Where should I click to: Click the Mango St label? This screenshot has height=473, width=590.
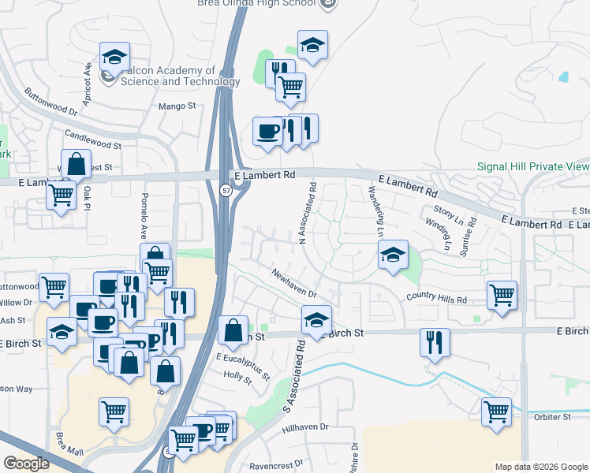[177, 106]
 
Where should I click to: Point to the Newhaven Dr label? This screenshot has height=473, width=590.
[293, 284]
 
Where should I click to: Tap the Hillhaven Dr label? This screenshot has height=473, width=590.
[304, 426]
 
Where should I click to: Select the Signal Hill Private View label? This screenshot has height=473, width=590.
[533, 166]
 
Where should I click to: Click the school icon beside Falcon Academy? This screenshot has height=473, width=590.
[115, 57]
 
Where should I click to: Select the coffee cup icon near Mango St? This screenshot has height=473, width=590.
[267, 130]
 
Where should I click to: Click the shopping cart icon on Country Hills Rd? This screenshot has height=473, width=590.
[502, 295]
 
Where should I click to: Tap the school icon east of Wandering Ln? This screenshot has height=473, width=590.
[393, 255]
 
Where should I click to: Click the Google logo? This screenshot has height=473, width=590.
[26, 464]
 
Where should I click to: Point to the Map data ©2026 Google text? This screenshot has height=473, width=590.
[540, 467]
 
